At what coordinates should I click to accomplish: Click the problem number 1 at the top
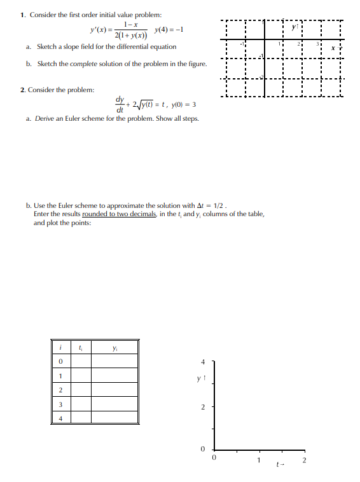click(22, 15)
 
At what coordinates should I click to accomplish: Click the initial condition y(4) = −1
click(170, 29)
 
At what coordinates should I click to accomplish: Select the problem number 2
click(22, 90)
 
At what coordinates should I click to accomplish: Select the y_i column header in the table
click(114, 348)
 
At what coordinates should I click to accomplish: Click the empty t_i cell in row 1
click(81, 375)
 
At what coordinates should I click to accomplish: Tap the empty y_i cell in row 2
click(114, 389)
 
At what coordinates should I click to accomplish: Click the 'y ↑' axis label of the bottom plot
click(201, 380)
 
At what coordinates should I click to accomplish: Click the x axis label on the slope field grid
click(340, 48)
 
